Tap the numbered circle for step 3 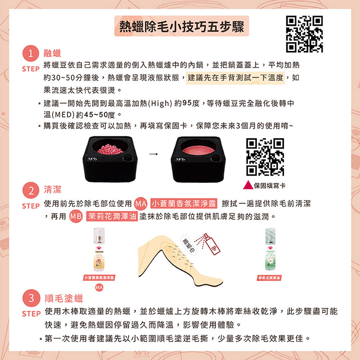coord(32,298)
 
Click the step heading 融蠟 coord(52,54)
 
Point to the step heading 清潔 coord(52,190)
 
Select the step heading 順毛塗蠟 coord(63,298)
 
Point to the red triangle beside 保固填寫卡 coord(248,185)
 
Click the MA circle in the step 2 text coord(140,204)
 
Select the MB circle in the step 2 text coord(76,217)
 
